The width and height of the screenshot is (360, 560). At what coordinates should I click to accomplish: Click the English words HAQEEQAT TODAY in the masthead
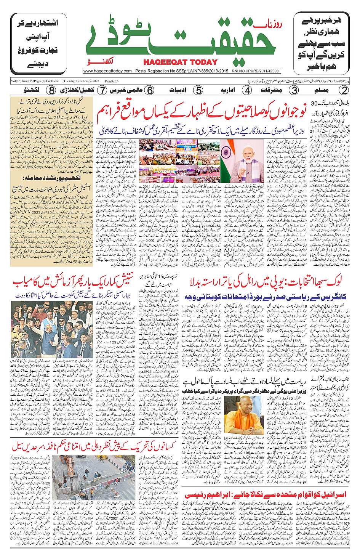[180, 62]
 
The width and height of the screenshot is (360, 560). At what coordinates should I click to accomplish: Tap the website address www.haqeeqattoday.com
[107, 71]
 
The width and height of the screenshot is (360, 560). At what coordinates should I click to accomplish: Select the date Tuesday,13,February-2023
[81, 81]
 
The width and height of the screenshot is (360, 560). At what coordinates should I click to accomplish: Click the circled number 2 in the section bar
[344, 90]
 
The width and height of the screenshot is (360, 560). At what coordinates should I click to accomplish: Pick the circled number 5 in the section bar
[198, 90]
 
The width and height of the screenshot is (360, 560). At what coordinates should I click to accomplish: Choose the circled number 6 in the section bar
[150, 90]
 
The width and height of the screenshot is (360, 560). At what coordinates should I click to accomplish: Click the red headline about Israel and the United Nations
[266, 494]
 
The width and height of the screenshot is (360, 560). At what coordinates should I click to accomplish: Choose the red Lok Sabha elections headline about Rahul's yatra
[266, 282]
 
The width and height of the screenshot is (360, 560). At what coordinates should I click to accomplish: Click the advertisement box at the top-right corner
[321, 43]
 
